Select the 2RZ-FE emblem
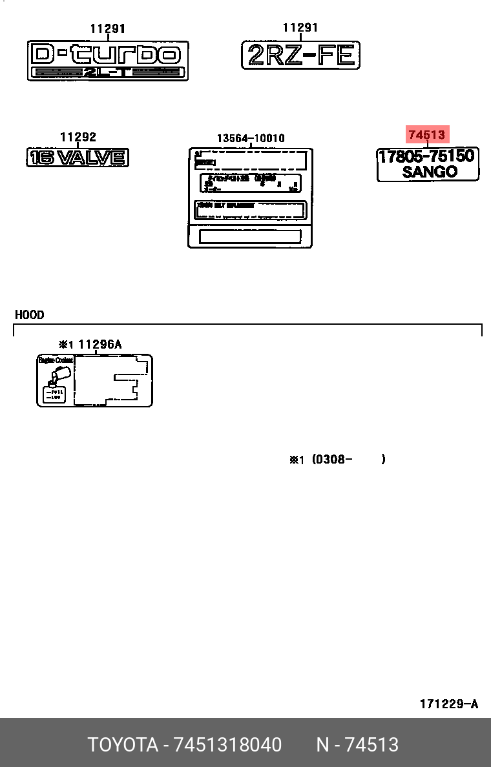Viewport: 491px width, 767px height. (300, 56)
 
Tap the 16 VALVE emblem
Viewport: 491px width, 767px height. (78, 157)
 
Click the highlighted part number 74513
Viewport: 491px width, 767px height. (426, 135)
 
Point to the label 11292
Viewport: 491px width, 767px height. (78, 137)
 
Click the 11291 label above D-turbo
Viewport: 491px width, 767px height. (107, 28)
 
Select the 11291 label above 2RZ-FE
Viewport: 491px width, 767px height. (300, 28)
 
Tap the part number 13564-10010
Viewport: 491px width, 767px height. (250, 138)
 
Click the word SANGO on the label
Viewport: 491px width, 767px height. (430, 172)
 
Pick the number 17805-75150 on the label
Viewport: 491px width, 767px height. (428, 156)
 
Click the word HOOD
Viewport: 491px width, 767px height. (30, 315)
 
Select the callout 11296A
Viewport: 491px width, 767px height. (99, 344)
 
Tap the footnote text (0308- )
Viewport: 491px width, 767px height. (348, 460)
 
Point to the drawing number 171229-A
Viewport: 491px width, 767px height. (448, 704)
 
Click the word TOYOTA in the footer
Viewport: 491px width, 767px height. (123, 745)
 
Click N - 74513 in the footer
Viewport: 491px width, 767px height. (357, 745)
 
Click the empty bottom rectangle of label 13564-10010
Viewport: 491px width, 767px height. (250, 236)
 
